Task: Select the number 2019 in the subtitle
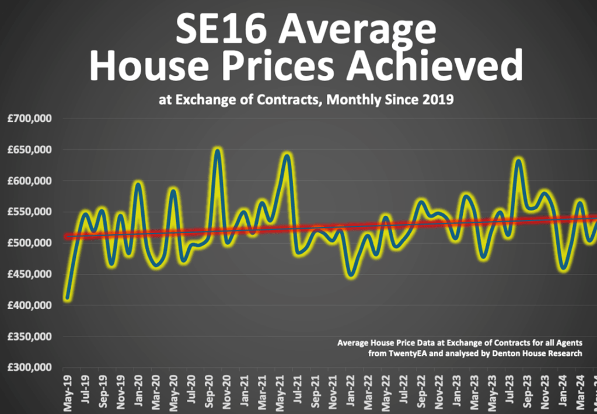coord(438,100)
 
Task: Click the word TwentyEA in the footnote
coord(409,354)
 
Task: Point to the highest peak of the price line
coord(217,150)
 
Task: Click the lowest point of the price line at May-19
coord(68,298)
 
